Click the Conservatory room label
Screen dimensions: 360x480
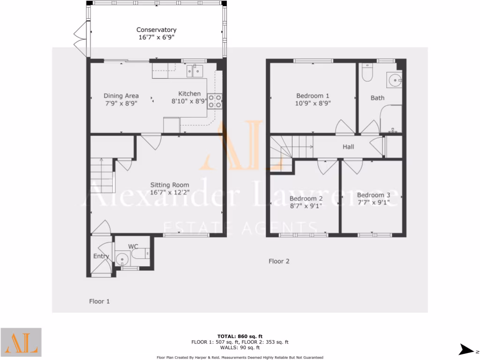pyautogui.click(x=156, y=30)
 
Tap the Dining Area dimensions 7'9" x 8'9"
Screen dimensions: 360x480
pyautogui.click(x=121, y=104)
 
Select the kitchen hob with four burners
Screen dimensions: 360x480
pyautogui.click(x=215, y=101)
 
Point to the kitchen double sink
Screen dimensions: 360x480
pyautogui.click(x=194, y=71)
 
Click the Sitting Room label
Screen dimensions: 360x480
pyautogui.click(x=170, y=185)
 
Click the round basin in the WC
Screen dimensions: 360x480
pyautogui.click(x=123, y=258)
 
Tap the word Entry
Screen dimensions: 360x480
pyautogui.click(x=101, y=256)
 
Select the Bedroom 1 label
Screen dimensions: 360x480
pyautogui.click(x=313, y=96)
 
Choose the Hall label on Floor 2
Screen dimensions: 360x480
pyautogui.click(x=348, y=147)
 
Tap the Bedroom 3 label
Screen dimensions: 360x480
pyautogui.click(x=373, y=195)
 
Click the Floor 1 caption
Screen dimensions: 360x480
pyautogui.click(x=99, y=301)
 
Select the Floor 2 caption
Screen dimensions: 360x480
pyautogui.click(x=279, y=261)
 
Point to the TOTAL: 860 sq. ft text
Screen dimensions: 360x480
pyautogui.click(x=240, y=336)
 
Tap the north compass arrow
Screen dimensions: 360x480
pyautogui.click(x=467, y=349)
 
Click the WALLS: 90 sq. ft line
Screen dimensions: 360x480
pyautogui.click(x=240, y=347)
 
